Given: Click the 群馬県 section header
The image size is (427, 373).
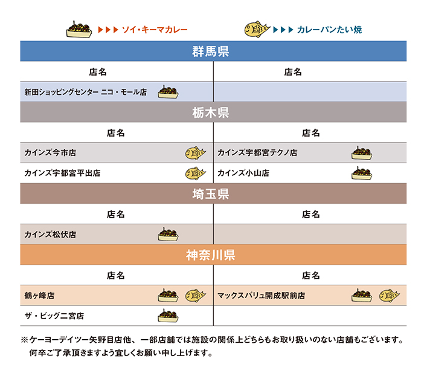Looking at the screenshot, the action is coord(211,51).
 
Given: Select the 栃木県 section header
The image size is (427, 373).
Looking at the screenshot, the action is coord(211,112).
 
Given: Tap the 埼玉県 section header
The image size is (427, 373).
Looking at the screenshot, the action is coord(211,194).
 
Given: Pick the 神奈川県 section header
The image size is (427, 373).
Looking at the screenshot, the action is coord(211,255).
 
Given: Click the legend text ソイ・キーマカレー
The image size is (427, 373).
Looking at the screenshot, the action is coord(155,30).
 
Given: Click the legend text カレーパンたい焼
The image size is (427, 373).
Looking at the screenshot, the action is coord(329,30).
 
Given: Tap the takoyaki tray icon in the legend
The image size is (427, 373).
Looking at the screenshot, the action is coord(79,29).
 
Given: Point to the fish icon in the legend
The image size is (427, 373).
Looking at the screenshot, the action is coord(257,29).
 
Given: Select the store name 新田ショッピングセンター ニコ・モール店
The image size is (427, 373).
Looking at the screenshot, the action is coord(86,92).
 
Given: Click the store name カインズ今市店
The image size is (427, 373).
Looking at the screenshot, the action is coord(50,153).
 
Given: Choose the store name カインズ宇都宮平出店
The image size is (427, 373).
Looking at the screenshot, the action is coord(62,173).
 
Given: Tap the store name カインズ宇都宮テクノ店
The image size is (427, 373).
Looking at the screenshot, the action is coord(257,153).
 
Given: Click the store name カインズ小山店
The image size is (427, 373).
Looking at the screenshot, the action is coord(243,173).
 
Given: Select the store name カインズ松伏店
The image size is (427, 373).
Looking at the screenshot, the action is coord(50,235).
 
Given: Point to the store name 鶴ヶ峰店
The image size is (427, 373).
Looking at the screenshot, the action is coord(39,296).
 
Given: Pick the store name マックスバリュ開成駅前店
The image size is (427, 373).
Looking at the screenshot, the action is coord(261,296).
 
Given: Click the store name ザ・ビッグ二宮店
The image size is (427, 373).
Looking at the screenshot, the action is coord(54,316).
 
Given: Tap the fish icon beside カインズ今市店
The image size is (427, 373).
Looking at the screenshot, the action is coord(196,153).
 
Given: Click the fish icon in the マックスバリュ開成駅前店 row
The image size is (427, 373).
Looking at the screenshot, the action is coord(390,296).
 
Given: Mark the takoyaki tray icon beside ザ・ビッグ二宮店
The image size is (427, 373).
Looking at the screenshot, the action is coord(168,316).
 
